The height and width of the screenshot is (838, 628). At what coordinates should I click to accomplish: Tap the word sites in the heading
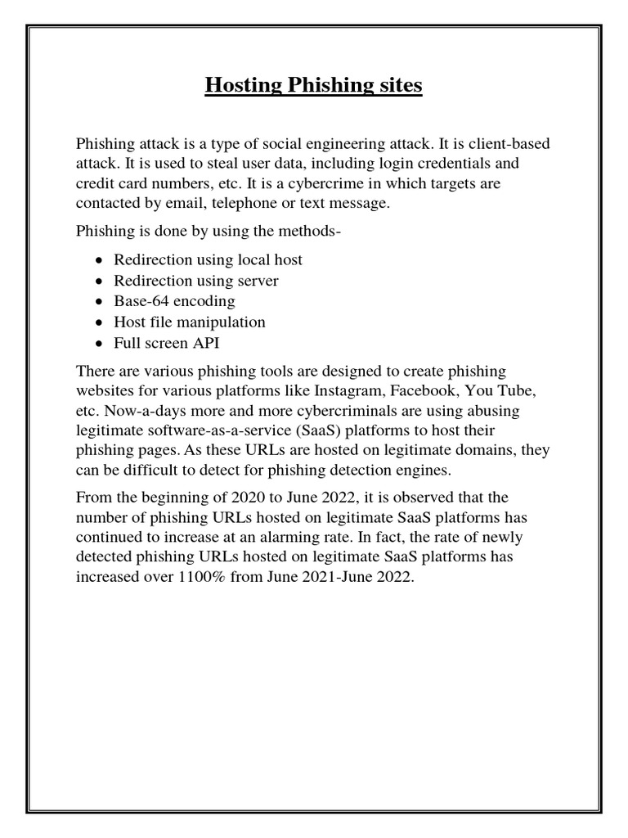(x=398, y=85)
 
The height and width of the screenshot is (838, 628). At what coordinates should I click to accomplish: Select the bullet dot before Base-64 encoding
(x=100, y=302)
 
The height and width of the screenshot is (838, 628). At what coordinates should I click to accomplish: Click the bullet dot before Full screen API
(x=100, y=344)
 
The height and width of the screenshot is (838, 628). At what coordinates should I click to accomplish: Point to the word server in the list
(x=257, y=281)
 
